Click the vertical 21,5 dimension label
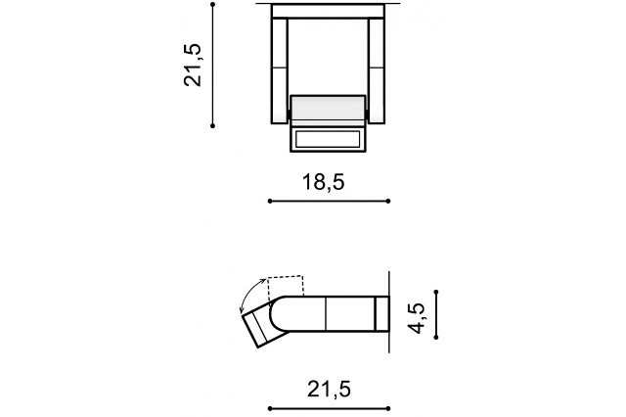click(x=193, y=65)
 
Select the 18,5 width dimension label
click(x=324, y=182)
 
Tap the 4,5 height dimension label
click(x=416, y=318)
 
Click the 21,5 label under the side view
click(x=329, y=389)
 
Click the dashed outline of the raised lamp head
click(x=287, y=286)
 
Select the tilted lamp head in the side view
click(x=263, y=324)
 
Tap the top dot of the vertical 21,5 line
click(x=213, y=4)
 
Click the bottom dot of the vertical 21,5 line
click(x=213, y=126)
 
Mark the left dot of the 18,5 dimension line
click(x=270, y=201)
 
